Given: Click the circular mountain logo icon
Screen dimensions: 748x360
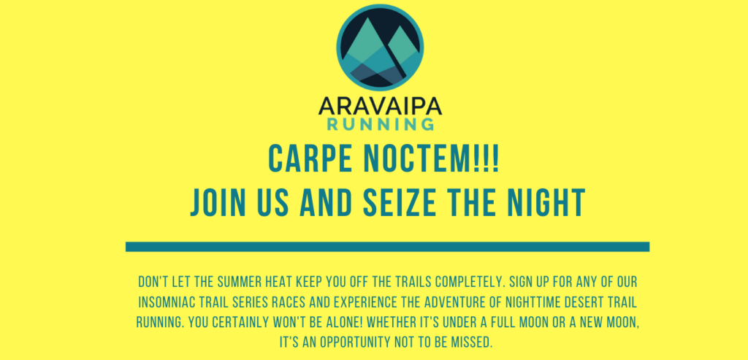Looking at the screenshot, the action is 380,47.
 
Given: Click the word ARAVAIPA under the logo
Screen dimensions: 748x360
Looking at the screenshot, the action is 380,105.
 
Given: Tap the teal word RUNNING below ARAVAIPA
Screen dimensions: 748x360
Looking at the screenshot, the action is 380,124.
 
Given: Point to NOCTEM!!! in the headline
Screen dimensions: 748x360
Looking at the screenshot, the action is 431,158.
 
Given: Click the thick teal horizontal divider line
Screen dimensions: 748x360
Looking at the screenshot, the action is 387,247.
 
